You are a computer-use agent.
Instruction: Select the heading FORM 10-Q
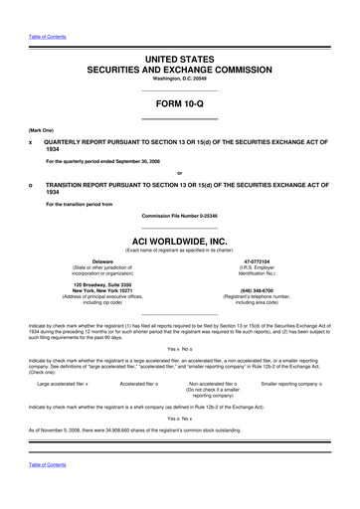[179, 102]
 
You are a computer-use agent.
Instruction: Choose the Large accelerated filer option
[63, 382]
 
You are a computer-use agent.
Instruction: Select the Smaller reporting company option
[296, 382]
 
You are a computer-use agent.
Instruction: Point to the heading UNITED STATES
[179, 60]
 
